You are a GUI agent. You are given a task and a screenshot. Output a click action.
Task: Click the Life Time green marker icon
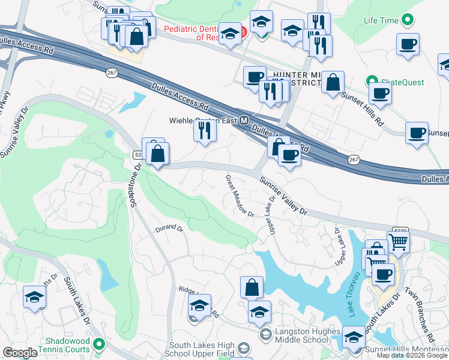point(408,20)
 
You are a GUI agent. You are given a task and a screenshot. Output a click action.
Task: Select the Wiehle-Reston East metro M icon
point(244,120)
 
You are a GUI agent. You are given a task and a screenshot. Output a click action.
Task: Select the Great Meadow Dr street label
point(240,196)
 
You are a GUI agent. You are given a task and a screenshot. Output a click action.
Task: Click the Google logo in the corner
point(20,353)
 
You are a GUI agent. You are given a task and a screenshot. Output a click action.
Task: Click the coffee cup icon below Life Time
point(408,44)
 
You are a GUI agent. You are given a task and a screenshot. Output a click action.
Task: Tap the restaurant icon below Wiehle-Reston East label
point(205,130)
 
